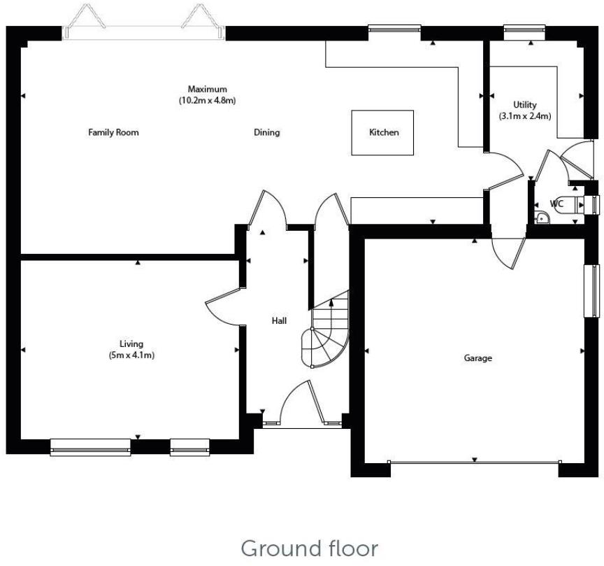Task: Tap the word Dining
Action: pos(266,132)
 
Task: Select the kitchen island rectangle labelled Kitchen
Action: pos(383,132)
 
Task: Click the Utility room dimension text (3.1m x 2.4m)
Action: pos(524,116)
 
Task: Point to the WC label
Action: pos(556,204)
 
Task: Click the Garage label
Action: pos(478,358)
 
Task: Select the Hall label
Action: pos(280,320)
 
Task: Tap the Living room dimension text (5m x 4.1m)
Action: pos(131,355)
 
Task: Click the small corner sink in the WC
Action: pos(543,218)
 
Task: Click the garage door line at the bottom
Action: pos(474,462)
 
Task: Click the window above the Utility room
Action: pos(524,29)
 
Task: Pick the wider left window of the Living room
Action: pos(90,446)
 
